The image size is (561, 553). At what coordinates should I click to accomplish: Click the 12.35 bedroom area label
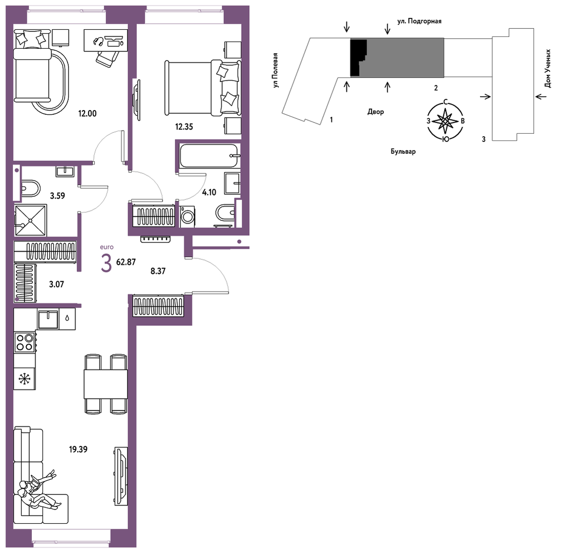(x=184, y=127)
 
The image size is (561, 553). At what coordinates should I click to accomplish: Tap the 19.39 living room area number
(x=78, y=449)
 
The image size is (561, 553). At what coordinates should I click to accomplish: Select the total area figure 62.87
(x=126, y=262)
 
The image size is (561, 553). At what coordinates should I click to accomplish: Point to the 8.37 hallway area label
(x=158, y=271)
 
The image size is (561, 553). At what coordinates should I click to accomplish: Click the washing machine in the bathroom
(x=188, y=217)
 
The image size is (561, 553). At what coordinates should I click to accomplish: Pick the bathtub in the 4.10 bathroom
(x=209, y=156)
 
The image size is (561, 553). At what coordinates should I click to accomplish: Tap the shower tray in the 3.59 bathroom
(x=30, y=220)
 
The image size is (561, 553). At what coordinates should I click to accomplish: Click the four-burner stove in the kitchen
(x=25, y=342)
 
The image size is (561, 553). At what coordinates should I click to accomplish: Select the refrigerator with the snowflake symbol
(x=25, y=378)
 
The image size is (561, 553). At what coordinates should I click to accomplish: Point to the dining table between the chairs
(x=106, y=384)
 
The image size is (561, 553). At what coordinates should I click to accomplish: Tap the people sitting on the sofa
(x=37, y=489)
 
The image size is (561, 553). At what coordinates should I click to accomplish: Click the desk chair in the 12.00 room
(x=107, y=57)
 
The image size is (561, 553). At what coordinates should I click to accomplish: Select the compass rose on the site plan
(x=445, y=121)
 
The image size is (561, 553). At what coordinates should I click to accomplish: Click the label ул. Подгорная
(x=419, y=21)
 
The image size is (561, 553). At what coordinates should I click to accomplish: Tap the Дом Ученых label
(x=547, y=69)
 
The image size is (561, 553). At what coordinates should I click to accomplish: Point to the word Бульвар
(x=403, y=151)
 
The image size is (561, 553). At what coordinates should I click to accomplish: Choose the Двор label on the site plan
(x=376, y=112)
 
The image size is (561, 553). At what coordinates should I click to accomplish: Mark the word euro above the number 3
(x=107, y=247)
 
